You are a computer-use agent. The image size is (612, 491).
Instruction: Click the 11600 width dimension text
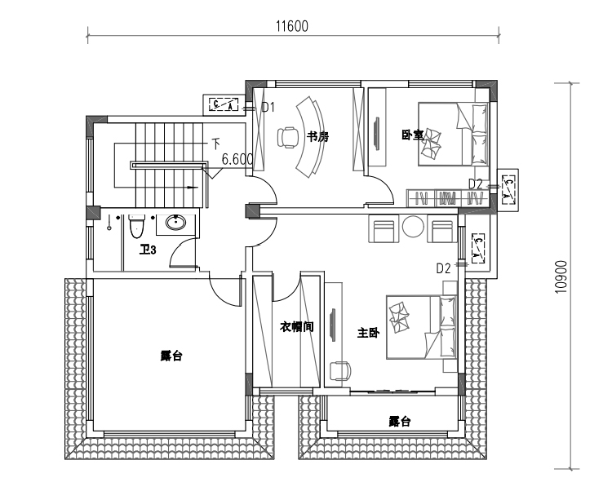pyautogui.click(x=291, y=26)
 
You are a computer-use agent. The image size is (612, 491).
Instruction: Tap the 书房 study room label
pyautogui.click(x=317, y=137)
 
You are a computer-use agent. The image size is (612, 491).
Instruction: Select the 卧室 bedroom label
pyautogui.click(x=412, y=135)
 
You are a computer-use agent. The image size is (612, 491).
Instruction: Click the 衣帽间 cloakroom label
pyautogui.click(x=297, y=327)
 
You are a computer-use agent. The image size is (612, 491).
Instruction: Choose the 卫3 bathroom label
pyautogui.click(x=148, y=250)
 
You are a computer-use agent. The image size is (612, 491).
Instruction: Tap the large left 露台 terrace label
pyautogui.click(x=171, y=356)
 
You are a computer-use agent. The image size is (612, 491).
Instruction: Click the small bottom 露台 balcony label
pyautogui.click(x=399, y=422)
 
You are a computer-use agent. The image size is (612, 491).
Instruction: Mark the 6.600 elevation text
pyautogui.click(x=237, y=160)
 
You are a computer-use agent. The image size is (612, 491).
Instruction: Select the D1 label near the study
pyautogui.click(x=267, y=107)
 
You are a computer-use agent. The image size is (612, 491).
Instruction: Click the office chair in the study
pyautogui.click(x=287, y=136)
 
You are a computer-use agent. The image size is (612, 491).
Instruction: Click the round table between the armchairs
pyautogui.click(x=413, y=228)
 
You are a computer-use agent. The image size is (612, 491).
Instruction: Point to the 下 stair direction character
pyautogui.click(x=216, y=143)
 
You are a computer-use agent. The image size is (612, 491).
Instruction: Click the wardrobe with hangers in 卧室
pyautogui.click(x=441, y=197)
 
